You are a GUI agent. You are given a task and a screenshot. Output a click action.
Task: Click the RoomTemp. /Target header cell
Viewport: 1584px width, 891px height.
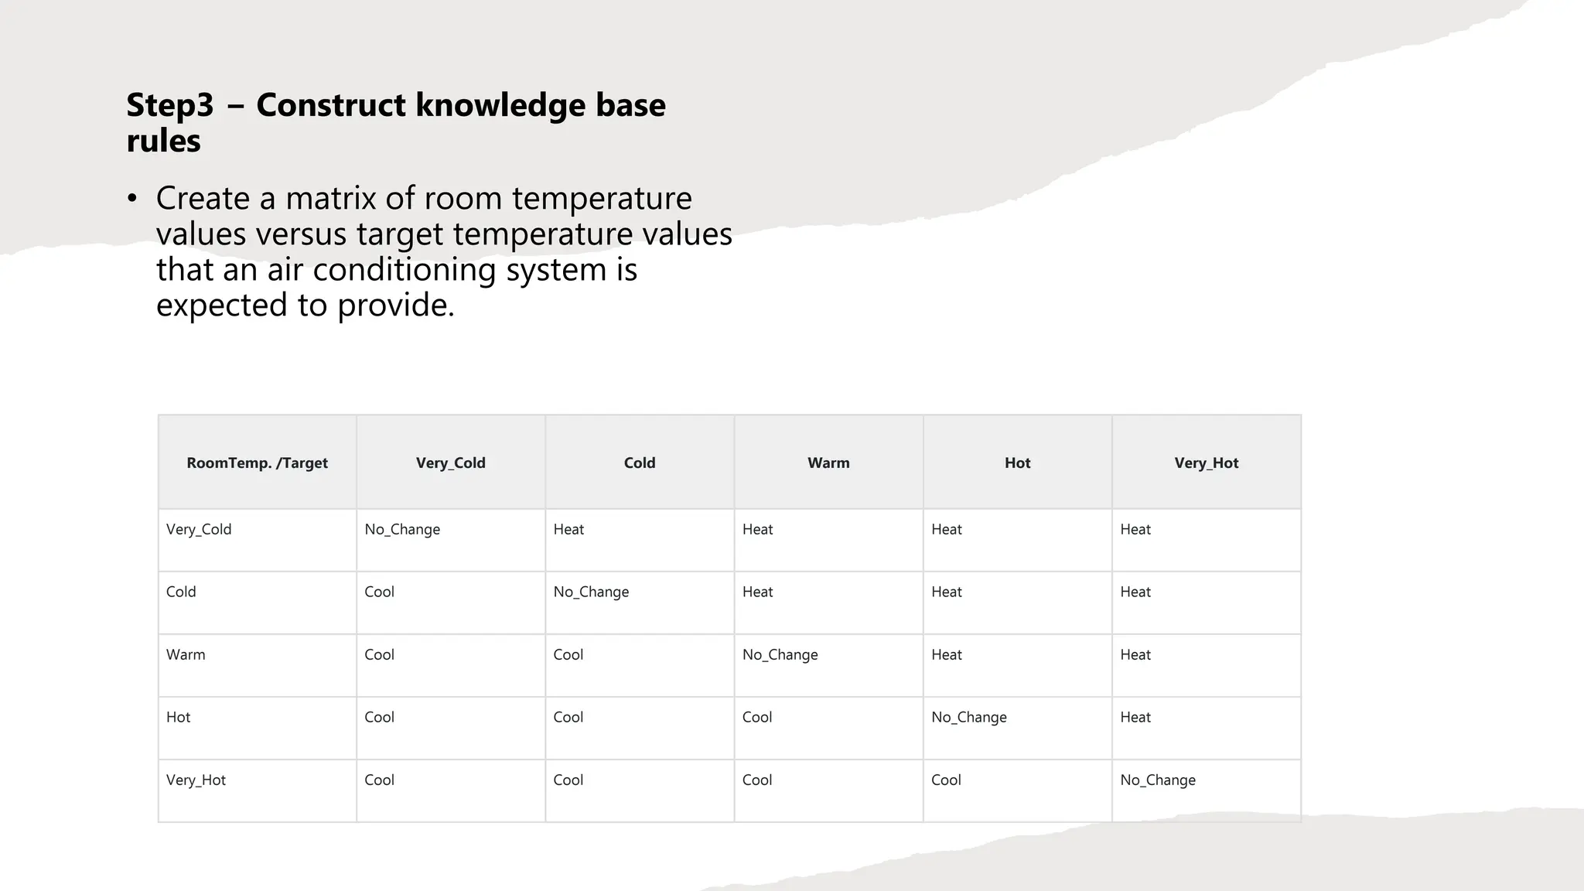[x=257, y=463]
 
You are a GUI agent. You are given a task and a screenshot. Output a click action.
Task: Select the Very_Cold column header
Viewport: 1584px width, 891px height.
[x=450, y=463]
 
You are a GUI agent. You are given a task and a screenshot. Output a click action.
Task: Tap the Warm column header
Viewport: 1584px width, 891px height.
[x=828, y=463]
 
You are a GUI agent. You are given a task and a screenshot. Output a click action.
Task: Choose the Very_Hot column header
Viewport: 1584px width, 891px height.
[x=1206, y=463]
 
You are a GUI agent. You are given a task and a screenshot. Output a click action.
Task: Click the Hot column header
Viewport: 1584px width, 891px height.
[x=1017, y=463]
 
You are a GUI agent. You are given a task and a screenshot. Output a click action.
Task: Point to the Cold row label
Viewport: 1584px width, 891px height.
[x=181, y=592]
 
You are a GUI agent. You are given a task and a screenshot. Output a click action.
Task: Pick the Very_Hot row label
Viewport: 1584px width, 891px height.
[x=196, y=780]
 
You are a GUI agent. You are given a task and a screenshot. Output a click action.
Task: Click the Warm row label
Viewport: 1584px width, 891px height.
[x=186, y=654]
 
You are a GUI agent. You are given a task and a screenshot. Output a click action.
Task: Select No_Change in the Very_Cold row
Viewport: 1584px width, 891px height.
[x=402, y=529]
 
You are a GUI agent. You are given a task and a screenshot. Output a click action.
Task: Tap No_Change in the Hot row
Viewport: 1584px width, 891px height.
[x=968, y=717]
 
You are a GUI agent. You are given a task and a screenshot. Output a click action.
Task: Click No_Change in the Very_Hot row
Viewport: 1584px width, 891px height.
[x=1157, y=780]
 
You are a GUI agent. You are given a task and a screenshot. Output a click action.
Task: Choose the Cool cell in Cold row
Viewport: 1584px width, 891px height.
[x=379, y=592]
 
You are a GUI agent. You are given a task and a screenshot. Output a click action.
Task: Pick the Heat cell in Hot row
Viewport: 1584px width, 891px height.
[x=1135, y=717]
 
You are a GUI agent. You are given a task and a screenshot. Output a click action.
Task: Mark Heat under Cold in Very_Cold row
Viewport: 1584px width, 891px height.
[x=568, y=529]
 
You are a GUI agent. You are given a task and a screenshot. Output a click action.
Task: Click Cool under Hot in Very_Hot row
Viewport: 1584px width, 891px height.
[x=945, y=780]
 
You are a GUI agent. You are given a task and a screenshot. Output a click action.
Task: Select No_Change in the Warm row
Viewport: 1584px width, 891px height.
[x=780, y=654]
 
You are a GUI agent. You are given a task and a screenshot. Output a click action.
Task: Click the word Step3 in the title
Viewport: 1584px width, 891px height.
[x=169, y=105]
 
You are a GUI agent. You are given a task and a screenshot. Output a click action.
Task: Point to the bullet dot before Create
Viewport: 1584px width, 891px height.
[x=132, y=199]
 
